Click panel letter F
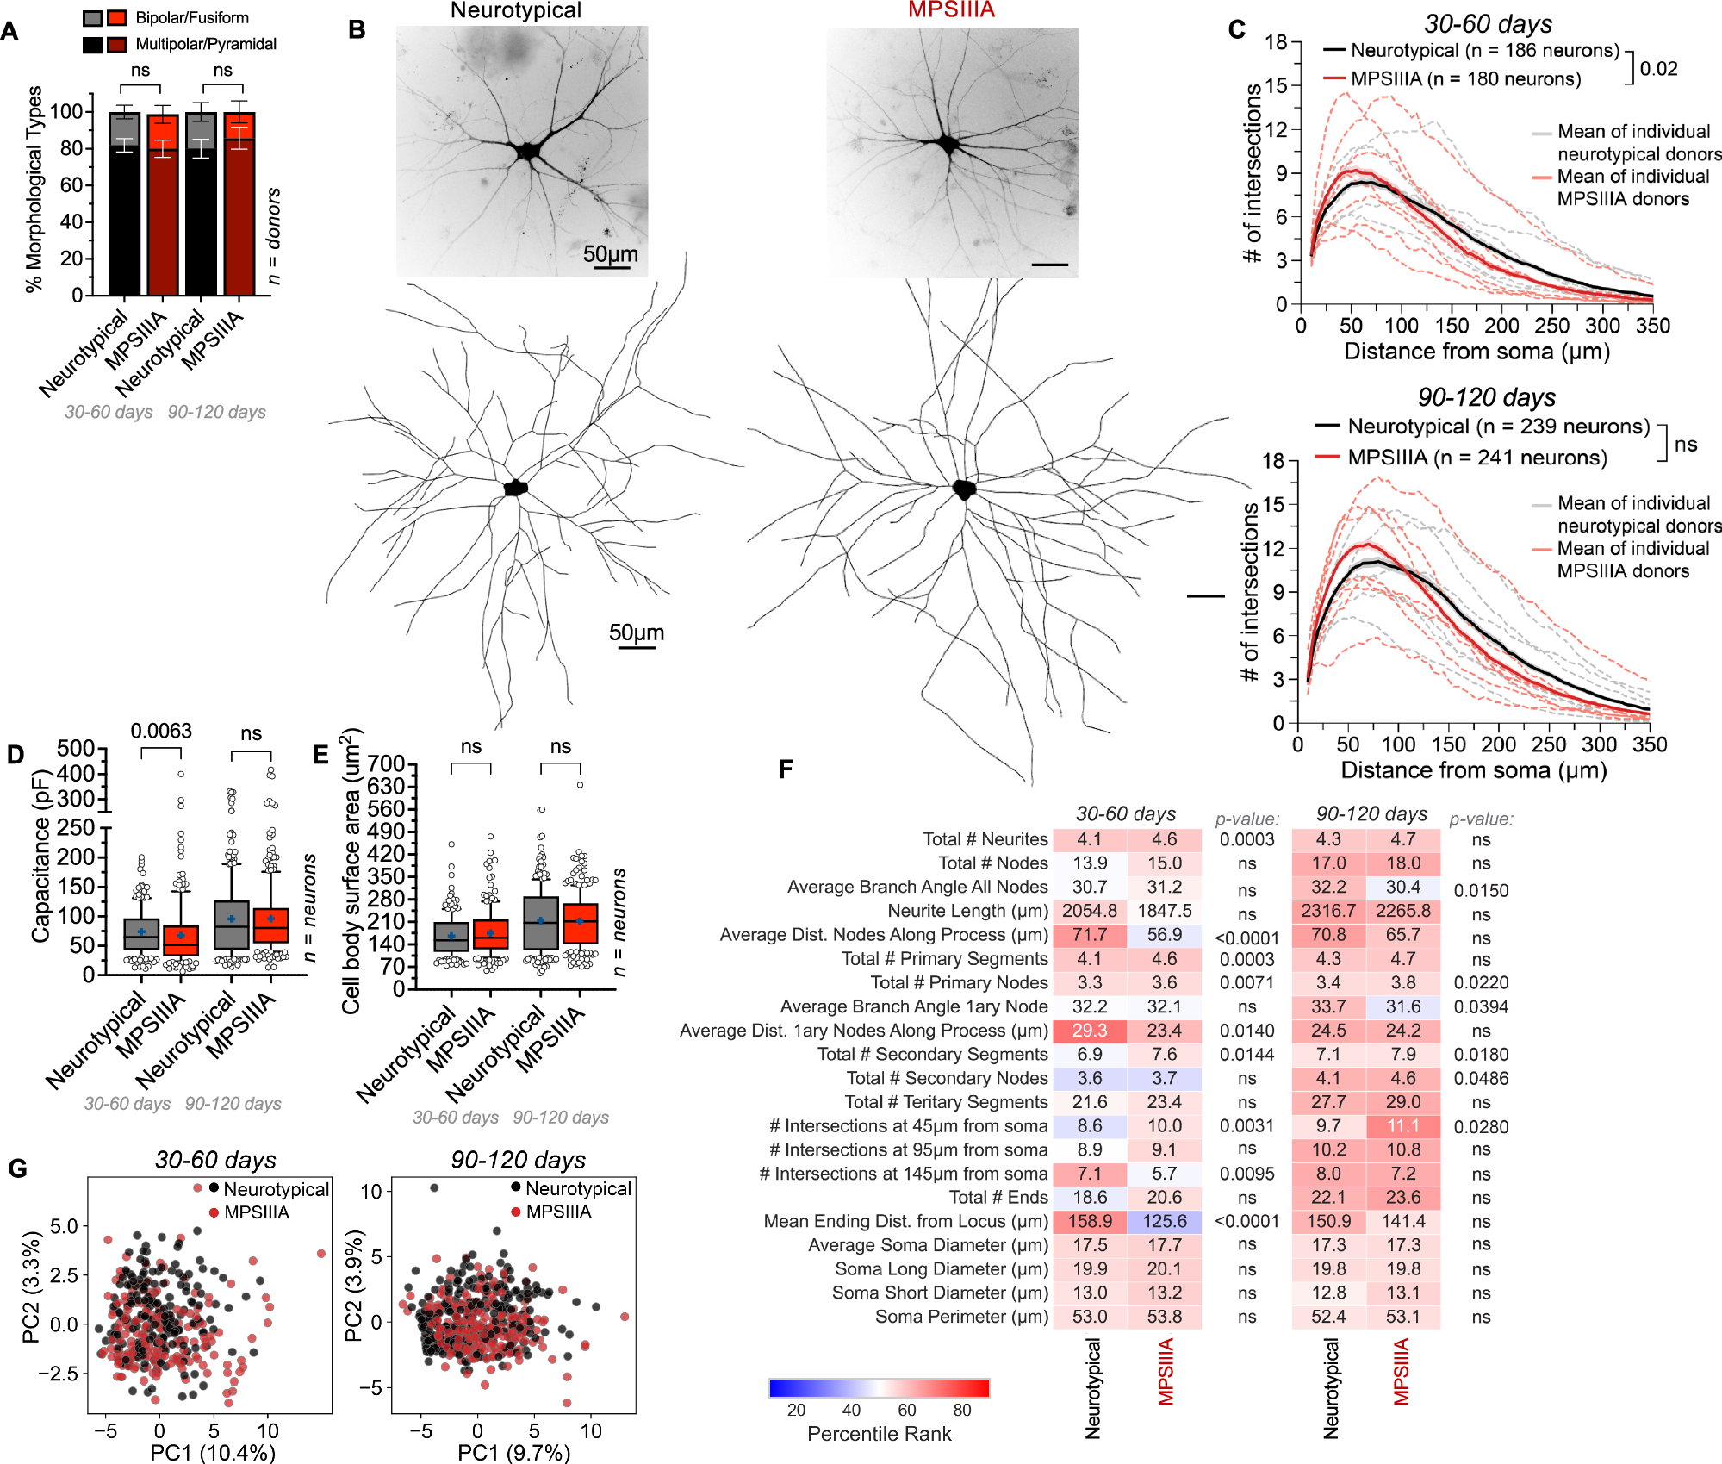(785, 769)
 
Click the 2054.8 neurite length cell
(1089, 911)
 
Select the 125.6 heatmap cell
(1164, 1221)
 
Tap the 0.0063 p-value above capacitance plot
(161, 731)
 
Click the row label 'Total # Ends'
(998, 1197)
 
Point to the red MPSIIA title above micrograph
(951, 10)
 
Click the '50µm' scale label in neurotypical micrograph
(610, 254)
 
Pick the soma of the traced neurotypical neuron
(515, 488)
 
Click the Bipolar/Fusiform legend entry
(191, 17)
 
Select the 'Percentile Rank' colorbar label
(879, 1434)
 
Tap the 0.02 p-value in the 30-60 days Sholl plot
(1658, 69)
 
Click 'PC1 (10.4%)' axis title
(213, 1453)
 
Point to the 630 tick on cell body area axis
(387, 786)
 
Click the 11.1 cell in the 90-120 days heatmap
(1402, 1126)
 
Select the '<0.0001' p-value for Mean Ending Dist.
(1246, 1221)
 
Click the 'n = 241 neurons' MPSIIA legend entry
(1476, 458)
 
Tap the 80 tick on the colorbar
(962, 1410)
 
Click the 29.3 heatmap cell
(1089, 1031)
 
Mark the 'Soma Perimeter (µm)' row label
(961, 1317)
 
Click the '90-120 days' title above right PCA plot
(518, 1160)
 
